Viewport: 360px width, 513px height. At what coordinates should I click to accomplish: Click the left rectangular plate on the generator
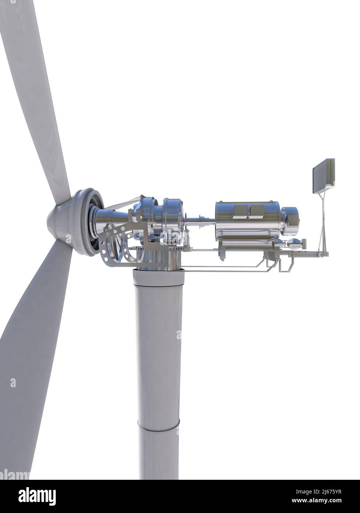coord(240,211)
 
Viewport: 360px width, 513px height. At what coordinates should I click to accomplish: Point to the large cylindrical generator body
coord(244,225)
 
